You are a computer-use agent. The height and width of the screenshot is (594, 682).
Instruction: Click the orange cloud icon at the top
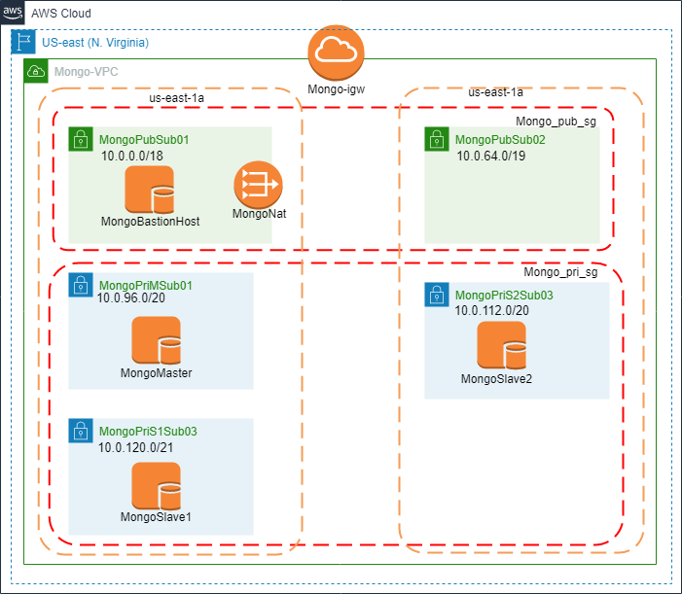point(336,52)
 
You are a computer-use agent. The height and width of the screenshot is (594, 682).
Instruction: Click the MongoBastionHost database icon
point(150,190)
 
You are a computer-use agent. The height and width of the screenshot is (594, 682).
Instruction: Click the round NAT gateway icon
point(258,183)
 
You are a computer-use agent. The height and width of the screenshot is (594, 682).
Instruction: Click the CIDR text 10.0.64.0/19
point(491,156)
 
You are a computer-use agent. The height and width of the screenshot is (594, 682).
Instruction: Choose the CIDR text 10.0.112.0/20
point(492,310)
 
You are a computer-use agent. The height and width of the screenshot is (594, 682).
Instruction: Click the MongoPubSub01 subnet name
point(144,140)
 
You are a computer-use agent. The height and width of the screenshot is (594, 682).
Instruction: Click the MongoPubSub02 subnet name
point(500,140)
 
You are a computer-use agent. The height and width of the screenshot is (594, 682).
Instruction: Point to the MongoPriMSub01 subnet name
point(147,286)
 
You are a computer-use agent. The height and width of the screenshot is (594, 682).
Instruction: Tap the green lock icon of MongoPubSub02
point(436,139)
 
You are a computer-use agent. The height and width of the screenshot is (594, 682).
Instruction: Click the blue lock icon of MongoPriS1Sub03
point(80,431)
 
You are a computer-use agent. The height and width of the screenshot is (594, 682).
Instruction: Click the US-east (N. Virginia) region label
point(95,43)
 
